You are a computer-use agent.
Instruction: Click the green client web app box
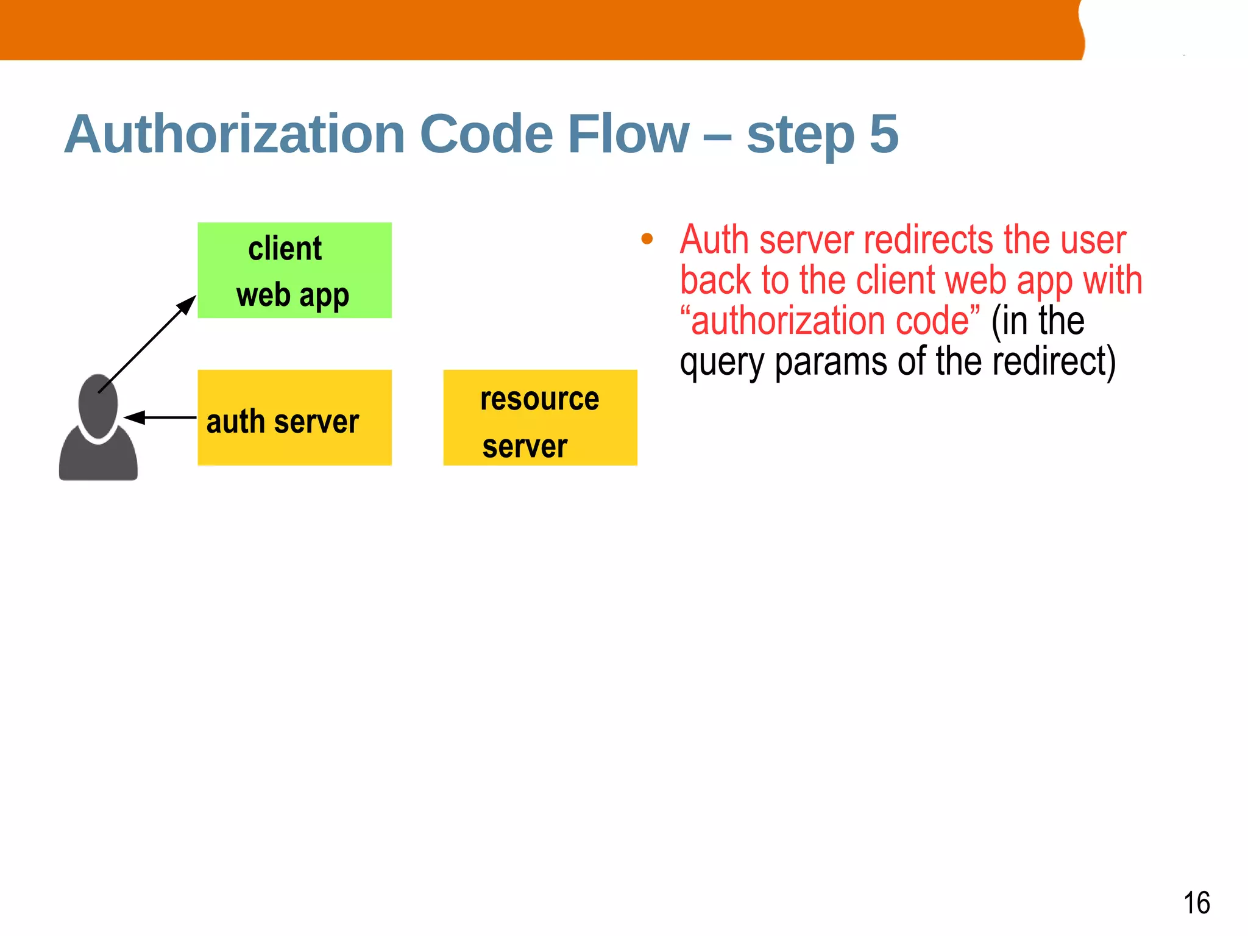(x=294, y=270)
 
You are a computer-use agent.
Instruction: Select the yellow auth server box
(x=294, y=418)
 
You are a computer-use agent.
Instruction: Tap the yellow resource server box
(x=540, y=418)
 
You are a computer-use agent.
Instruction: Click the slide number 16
(x=1196, y=902)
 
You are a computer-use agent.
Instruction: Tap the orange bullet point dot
(x=647, y=239)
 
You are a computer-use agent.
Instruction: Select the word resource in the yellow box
(x=540, y=400)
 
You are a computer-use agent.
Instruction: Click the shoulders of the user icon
(x=98, y=458)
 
